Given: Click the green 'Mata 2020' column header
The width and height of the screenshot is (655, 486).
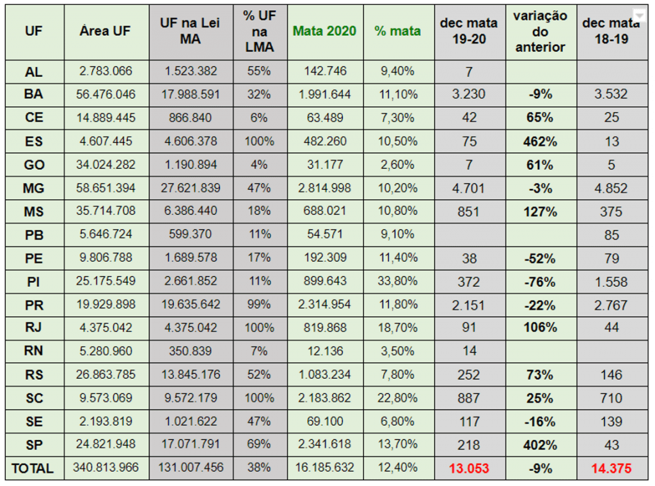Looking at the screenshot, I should pos(324,31).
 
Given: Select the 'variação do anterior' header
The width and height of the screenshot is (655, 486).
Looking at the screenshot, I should pos(540,31).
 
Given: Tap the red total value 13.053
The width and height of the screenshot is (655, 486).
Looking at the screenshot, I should pos(469,468).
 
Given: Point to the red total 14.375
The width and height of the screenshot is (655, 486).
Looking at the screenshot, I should pos(611,468).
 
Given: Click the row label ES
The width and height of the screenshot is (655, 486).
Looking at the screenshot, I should pos(34,141).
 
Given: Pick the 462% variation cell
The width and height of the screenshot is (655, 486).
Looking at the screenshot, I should pos(540,141).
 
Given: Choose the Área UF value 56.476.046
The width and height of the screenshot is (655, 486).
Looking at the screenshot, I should pos(106,95).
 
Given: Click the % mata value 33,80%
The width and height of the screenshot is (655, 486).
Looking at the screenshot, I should pos(398,282).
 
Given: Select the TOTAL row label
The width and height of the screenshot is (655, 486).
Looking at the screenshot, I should pos(33,468).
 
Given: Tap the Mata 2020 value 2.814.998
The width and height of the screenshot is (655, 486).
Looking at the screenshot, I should pos(324,188).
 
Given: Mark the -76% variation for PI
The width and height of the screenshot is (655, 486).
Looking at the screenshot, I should pos(540,282).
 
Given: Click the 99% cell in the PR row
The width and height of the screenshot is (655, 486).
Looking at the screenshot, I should pos(259,305).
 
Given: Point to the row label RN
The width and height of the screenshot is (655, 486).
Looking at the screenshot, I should pos(34,351).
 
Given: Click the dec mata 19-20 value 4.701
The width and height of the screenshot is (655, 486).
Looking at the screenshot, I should pos(469,188).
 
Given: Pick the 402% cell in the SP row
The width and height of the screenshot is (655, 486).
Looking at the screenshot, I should pos(540,445).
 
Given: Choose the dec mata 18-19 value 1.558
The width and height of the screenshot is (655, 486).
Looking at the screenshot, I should pos(611,282).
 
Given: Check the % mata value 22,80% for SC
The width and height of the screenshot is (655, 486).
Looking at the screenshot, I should pos(398,398).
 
